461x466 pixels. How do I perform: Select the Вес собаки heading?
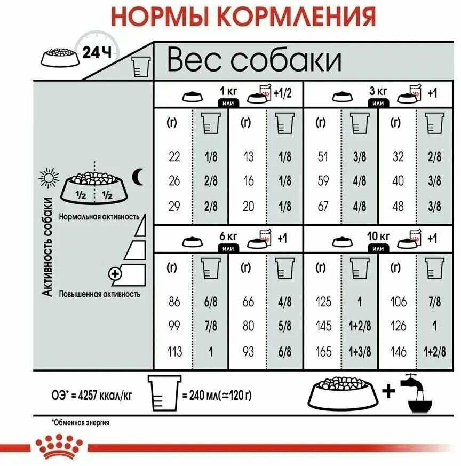[254, 60]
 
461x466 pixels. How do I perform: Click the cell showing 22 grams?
[174, 157]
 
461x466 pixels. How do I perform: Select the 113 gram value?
[174, 352]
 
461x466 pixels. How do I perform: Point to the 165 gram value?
[324, 352]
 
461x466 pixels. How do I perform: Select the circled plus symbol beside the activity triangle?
[115, 274]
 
